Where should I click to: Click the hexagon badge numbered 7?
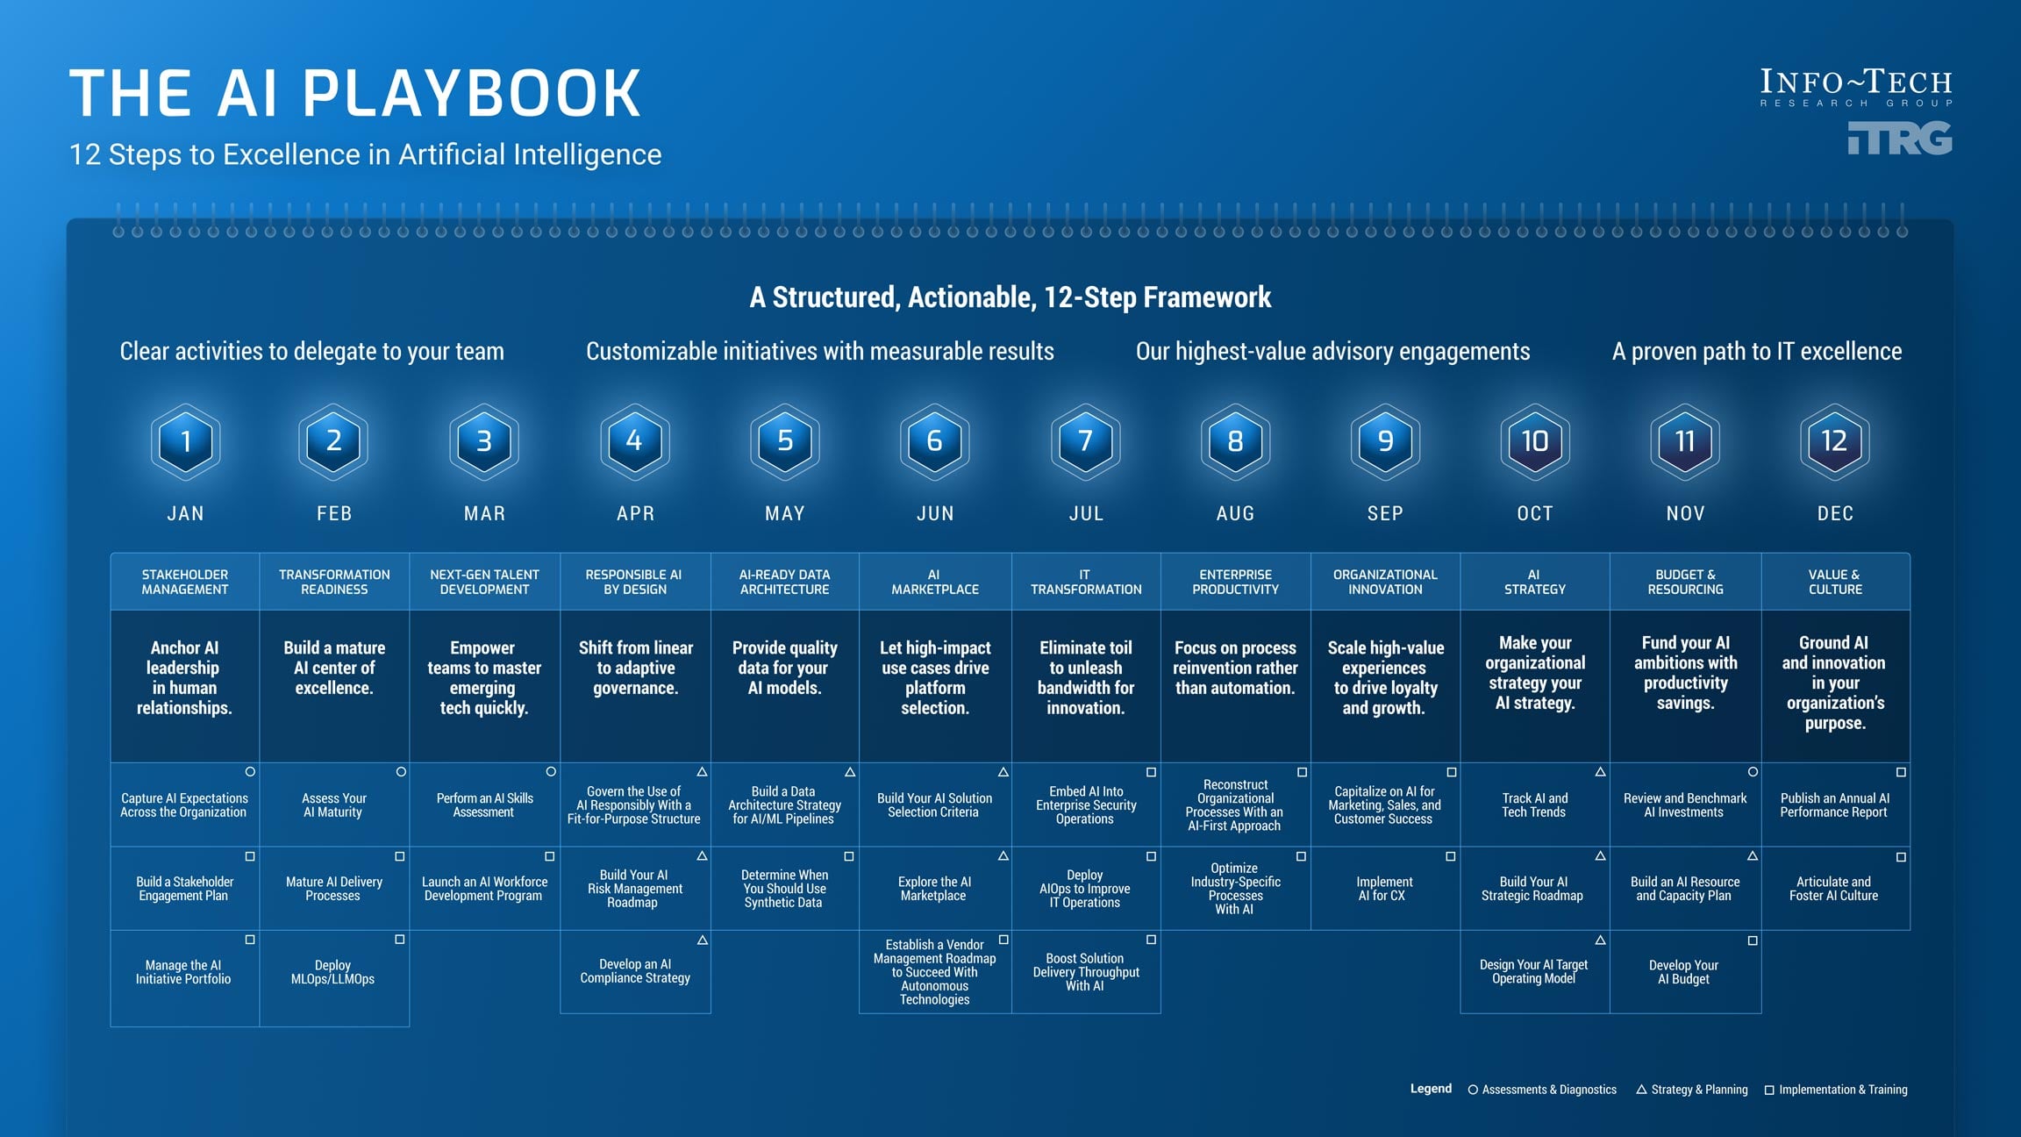[1085, 441]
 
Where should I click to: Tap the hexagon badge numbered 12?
[1834, 441]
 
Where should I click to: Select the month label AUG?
[1235, 513]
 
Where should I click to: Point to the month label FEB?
[334, 513]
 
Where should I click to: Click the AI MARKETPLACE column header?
[935, 582]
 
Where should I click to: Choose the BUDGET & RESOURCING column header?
[1685, 582]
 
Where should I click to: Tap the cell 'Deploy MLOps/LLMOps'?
[333, 972]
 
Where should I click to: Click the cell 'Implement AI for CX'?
[1384, 889]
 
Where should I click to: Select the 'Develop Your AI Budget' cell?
[1684, 972]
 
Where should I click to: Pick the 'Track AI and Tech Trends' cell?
[1534, 805]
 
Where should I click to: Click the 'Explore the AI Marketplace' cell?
[934, 889]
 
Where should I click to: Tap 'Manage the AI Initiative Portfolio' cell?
[183, 972]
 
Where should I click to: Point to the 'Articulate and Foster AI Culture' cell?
[1834, 889]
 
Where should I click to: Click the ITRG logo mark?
[1900, 139]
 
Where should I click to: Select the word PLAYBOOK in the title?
[472, 93]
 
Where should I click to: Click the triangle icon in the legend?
[1641, 1090]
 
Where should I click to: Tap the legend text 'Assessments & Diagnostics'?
[1549, 1090]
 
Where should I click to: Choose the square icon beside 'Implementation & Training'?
[1769, 1091]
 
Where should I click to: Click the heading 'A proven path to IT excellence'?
[1757, 352]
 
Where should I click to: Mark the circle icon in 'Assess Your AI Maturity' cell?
[401, 772]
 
